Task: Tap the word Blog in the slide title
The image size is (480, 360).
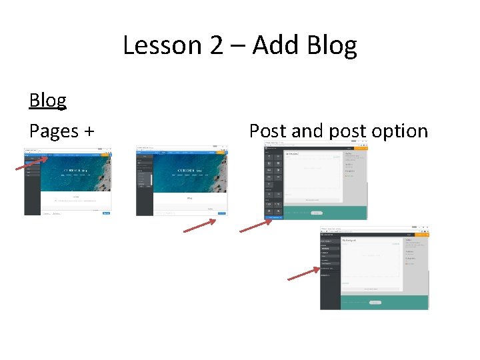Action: click(x=332, y=46)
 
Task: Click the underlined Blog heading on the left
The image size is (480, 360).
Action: click(x=48, y=100)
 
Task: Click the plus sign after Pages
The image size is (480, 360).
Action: click(x=89, y=131)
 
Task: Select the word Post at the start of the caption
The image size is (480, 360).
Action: click(x=268, y=131)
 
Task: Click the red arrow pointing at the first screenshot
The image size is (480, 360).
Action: click(x=32, y=163)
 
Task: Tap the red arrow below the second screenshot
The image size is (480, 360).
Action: click(x=199, y=226)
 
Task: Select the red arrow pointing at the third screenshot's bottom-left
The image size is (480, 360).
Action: click(x=256, y=225)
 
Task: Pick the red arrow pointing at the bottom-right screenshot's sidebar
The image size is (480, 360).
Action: click(x=303, y=274)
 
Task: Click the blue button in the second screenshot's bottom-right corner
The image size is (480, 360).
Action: click(x=221, y=213)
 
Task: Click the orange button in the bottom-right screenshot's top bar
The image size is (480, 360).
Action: click(x=421, y=234)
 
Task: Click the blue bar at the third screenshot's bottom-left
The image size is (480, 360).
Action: click(x=275, y=217)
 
